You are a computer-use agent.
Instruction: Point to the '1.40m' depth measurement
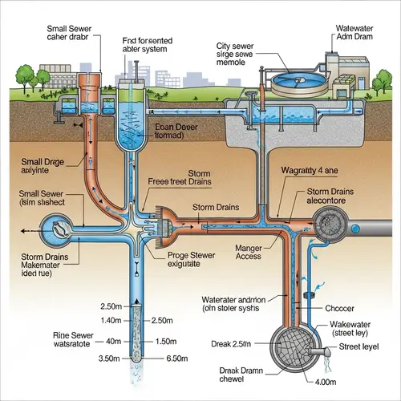pos(110,320)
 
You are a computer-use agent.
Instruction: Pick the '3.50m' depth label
pos(110,358)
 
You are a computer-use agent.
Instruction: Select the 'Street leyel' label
pos(359,347)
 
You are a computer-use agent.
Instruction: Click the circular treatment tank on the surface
pos(297,82)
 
